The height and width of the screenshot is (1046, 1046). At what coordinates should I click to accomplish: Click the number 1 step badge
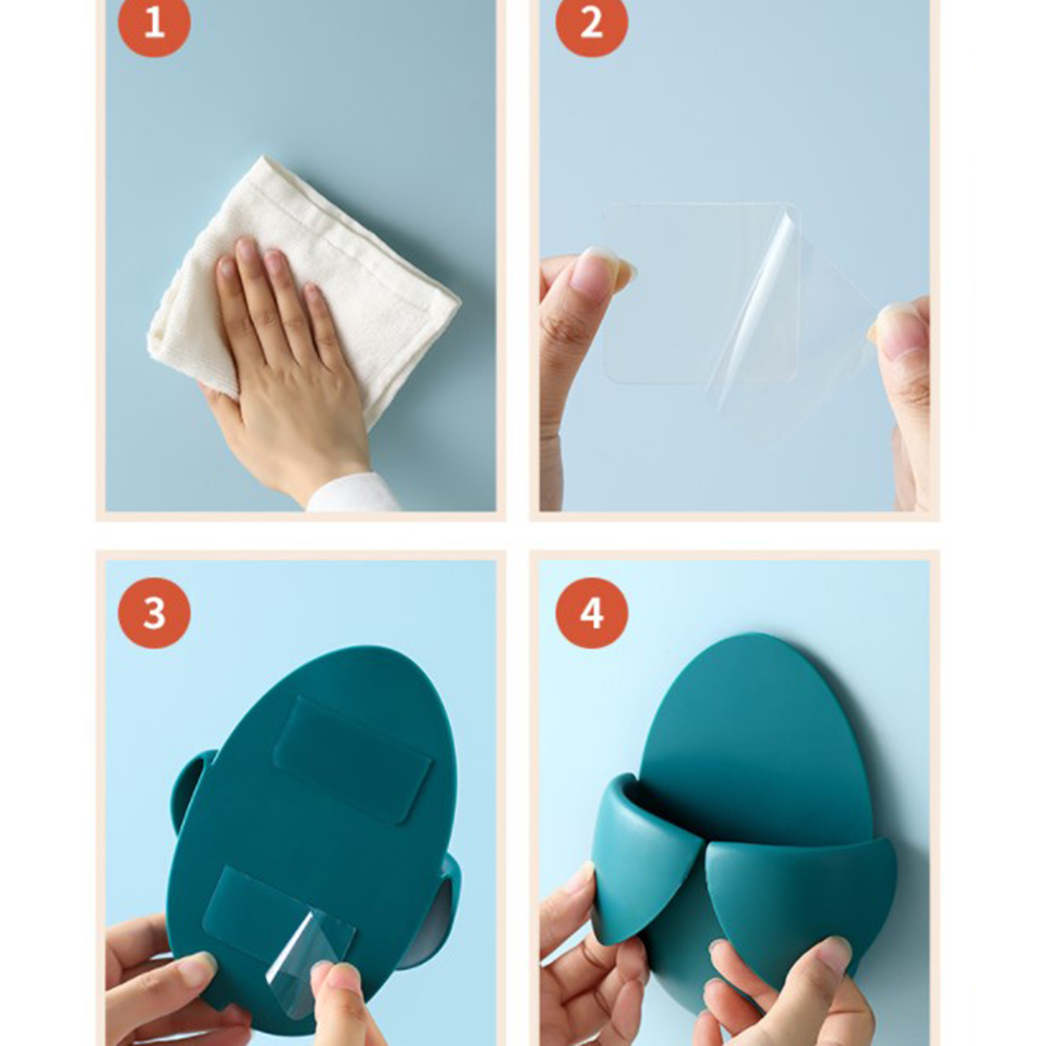coord(154,22)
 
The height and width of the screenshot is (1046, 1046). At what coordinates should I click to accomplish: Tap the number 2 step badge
coord(592,22)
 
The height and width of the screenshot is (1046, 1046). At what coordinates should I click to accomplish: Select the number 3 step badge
coord(154,613)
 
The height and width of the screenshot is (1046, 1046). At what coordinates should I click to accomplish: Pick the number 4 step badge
coord(592,613)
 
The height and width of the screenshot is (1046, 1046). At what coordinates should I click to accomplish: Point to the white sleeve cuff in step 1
coord(353,494)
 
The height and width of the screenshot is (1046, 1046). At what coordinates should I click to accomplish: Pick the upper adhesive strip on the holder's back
coord(354,760)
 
